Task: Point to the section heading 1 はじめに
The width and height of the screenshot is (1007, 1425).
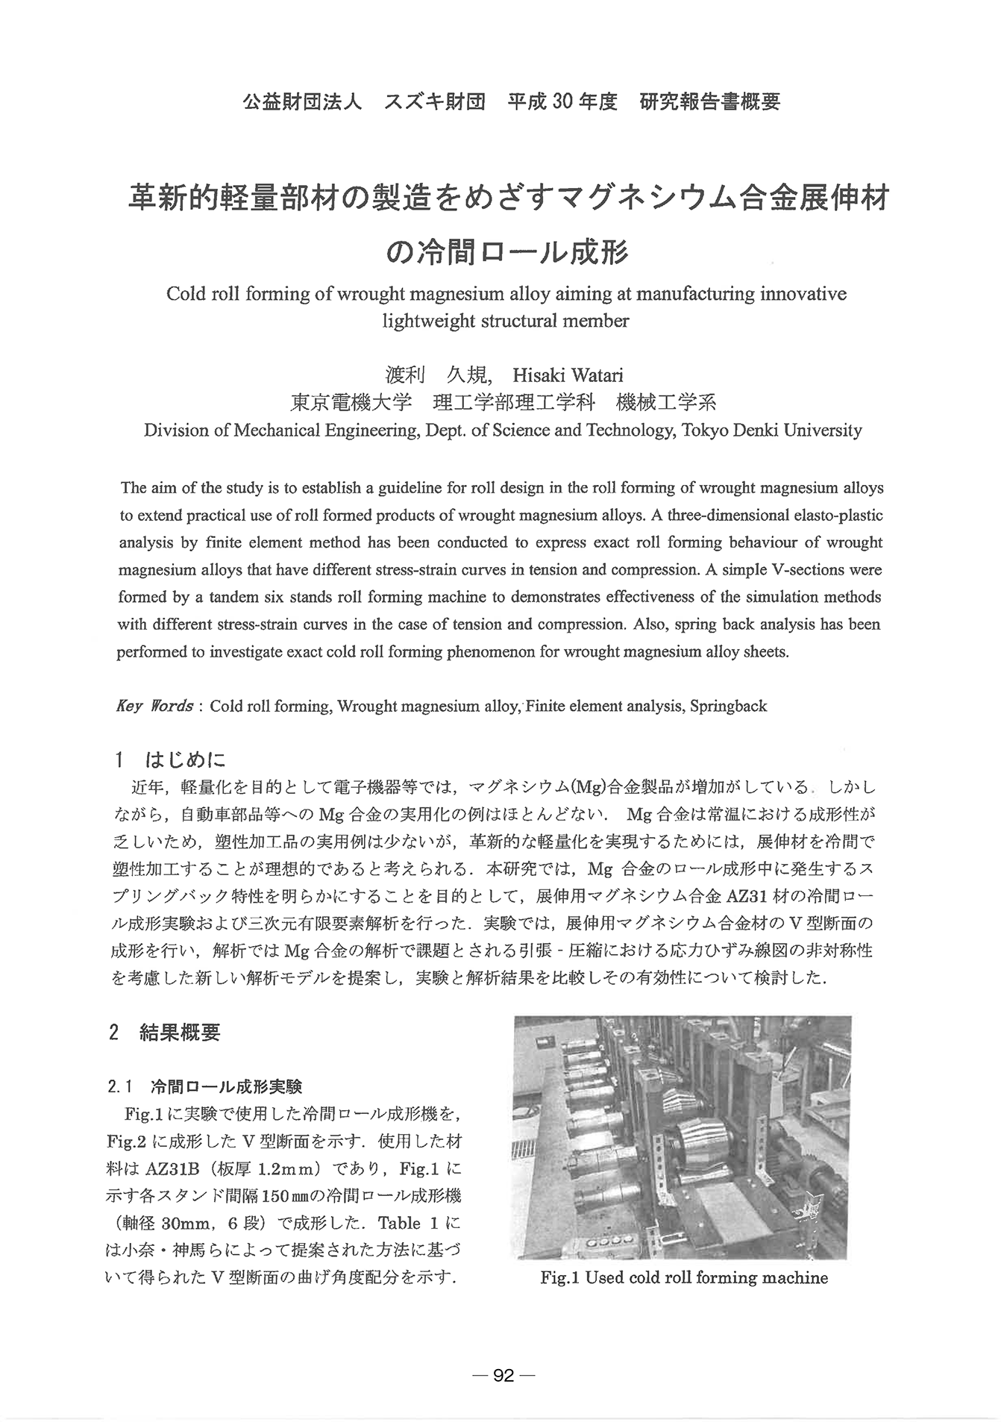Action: coord(170,760)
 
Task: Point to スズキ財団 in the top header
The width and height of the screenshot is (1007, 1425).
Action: coord(434,101)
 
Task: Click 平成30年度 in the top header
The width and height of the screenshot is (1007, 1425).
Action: coord(562,101)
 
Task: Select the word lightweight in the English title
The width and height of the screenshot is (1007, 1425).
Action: coord(424,322)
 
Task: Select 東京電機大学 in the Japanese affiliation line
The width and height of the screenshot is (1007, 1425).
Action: coord(351,403)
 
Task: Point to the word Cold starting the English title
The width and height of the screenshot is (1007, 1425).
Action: coord(184,294)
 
